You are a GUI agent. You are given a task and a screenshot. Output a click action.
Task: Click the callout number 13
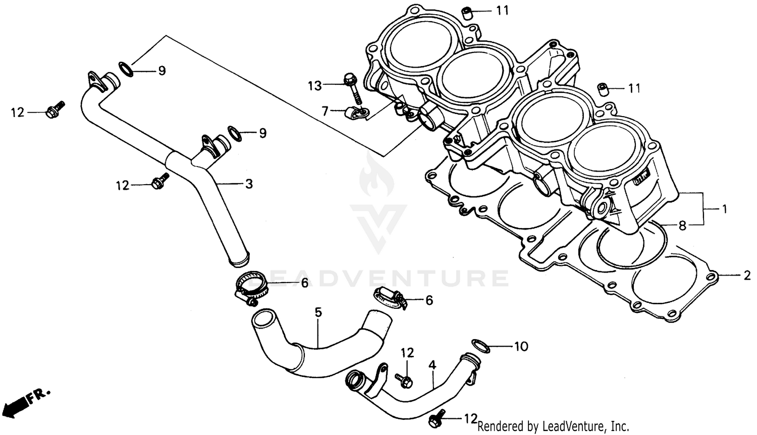314,86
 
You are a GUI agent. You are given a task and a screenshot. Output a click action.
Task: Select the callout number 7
325,110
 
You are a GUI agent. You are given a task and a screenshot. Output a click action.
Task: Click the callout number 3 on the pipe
249,184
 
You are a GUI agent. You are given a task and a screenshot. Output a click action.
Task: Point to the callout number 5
318,312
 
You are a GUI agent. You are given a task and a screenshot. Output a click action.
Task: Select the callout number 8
682,226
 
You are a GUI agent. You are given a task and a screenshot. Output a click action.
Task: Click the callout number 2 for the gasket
746,276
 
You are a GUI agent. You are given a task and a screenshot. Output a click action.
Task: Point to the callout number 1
724,208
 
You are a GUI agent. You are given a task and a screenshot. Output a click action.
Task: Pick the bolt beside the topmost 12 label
53,111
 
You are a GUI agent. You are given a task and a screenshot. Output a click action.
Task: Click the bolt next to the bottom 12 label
437,417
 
